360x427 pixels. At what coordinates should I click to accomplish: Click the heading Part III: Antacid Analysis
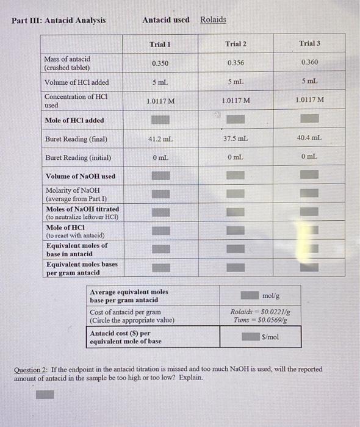pos(59,20)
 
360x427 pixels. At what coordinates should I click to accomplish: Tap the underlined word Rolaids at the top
pos(213,20)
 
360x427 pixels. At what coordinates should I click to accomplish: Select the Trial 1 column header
pos(160,45)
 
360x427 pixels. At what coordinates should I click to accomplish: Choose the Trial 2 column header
pos(236,44)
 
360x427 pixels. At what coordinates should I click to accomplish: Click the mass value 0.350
pos(160,63)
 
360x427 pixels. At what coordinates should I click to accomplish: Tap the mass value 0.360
pos(309,62)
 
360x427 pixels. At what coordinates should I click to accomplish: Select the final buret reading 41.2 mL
pos(159,139)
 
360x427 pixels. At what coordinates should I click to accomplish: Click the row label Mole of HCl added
pos(74,120)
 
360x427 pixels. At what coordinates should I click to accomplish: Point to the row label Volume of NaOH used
pos(81,176)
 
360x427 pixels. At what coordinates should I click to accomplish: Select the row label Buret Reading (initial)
pos(78,157)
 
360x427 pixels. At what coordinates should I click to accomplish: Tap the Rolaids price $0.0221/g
pos(256,312)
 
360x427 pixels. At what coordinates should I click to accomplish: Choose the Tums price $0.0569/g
pos(259,320)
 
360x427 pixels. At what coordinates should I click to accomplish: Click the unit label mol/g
pos(271,295)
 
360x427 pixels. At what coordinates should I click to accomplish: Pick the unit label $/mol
pos(271,337)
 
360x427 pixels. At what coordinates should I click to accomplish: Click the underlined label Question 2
pos(32,370)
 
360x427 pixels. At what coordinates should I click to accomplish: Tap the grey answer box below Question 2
pos(44,394)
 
